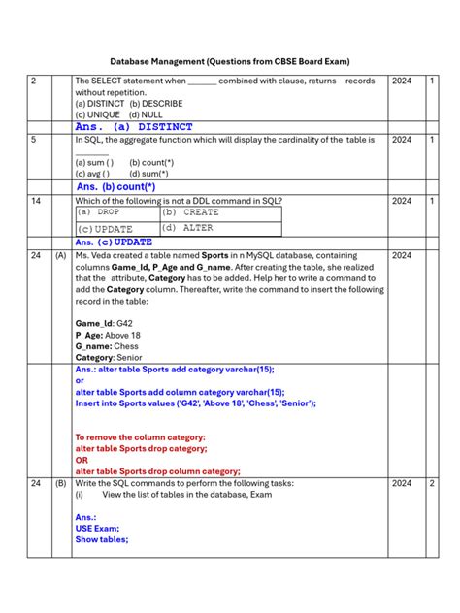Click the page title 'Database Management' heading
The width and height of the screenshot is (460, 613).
point(229,60)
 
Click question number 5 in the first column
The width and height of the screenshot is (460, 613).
point(34,140)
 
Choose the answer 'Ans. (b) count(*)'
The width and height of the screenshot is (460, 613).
point(115,186)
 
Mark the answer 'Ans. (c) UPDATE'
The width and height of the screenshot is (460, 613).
point(114,242)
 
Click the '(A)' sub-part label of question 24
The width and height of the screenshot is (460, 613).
point(60,255)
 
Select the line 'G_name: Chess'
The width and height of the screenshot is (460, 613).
point(107,346)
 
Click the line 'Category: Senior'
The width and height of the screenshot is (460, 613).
point(110,358)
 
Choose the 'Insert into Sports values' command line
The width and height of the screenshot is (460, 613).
point(195,403)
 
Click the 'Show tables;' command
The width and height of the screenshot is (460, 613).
point(101,540)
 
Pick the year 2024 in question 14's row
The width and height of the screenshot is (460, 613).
point(401,200)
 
